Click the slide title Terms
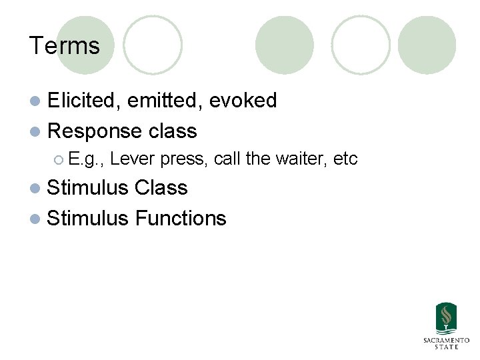(x=64, y=46)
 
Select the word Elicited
(x=84, y=101)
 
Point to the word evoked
(x=243, y=101)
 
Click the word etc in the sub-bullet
(x=345, y=159)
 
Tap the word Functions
(x=181, y=218)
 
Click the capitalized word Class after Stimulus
(x=161, y=188)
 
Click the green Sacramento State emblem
(x=446, y=319)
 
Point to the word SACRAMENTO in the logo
(x=446, y=340)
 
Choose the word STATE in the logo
(x=446, y=347)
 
